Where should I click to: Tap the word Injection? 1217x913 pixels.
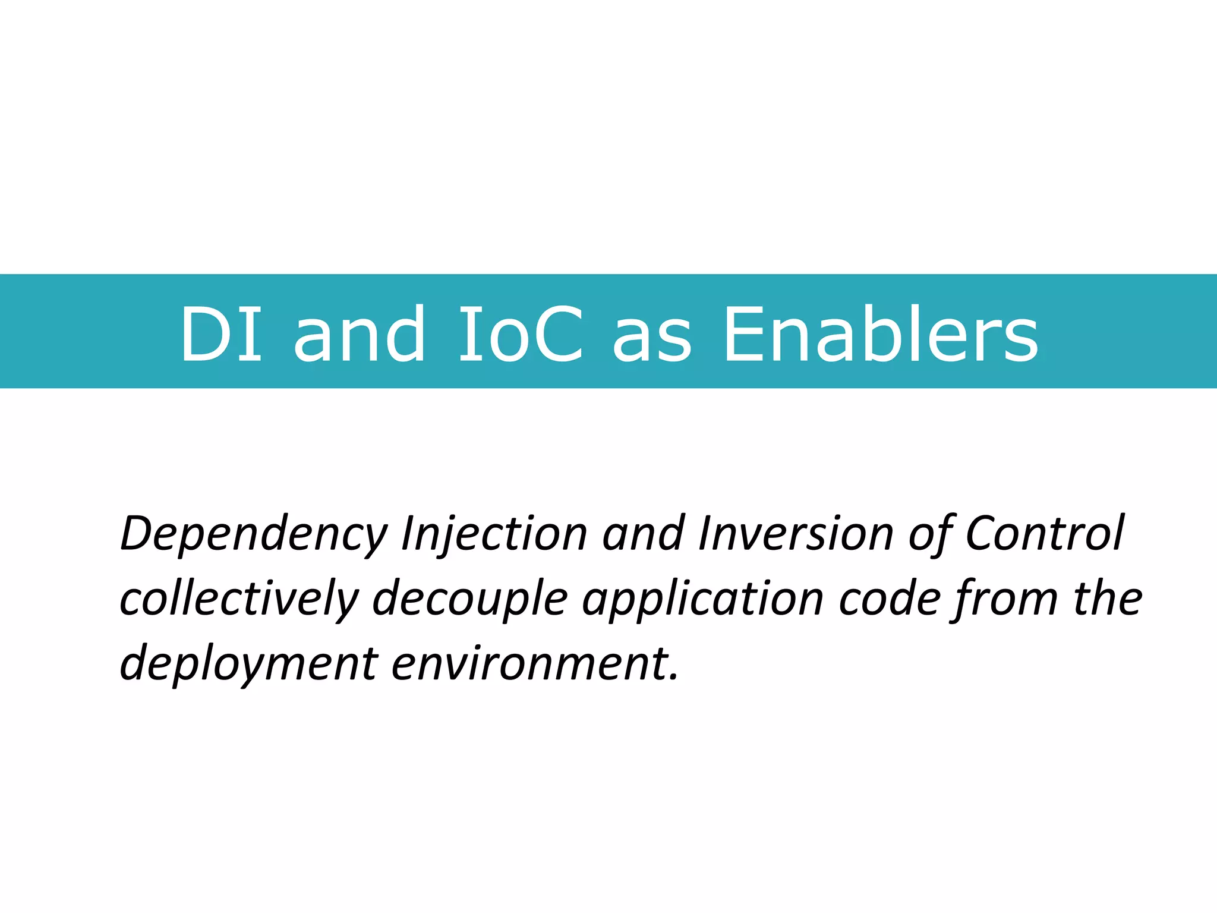click(x=494, y=534)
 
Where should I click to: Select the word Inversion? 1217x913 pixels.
click(x=796, y=533)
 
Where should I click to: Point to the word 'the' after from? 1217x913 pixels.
click(x=1108, y=598)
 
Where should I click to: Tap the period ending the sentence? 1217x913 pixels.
click(x=673, y=676)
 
